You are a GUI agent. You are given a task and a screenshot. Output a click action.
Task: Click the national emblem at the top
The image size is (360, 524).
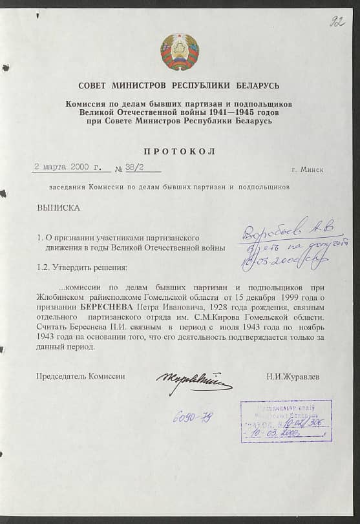tap(180, 52)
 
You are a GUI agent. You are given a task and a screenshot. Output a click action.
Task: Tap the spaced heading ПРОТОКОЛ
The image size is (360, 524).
tap(180, 151)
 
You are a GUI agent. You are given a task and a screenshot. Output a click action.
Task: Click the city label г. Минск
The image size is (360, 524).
tap(307, 169)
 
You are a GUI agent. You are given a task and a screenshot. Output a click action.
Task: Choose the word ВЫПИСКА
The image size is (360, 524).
tap(59, 209)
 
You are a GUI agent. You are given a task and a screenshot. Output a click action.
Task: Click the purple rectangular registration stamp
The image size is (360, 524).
tap(286, 421)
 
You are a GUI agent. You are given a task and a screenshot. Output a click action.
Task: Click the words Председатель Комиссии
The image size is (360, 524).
tap(81, 375)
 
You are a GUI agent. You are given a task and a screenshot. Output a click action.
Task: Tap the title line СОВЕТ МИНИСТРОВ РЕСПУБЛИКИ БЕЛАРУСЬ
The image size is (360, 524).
tap(180, 86)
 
